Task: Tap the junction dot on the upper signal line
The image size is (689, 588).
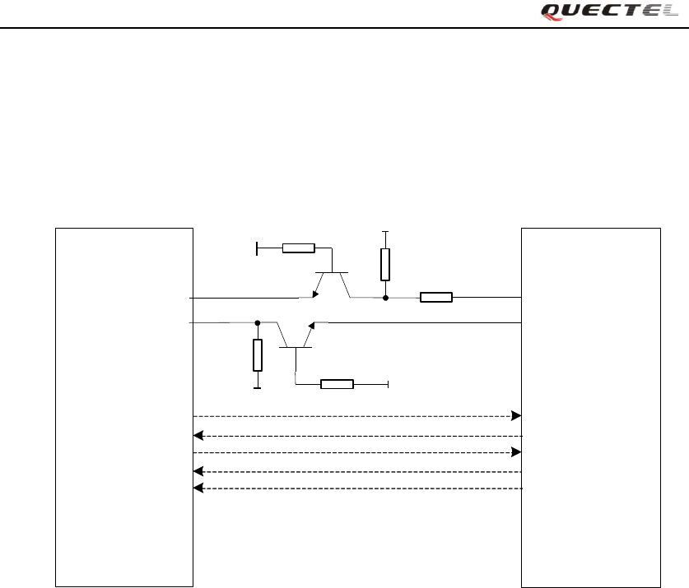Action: (x=385, y=297)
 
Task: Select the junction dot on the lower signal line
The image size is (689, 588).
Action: (x=258, y=323)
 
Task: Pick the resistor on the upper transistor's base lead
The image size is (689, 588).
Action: (x=298, y=248)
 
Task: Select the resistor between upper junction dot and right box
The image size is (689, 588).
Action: (x=435, y=297)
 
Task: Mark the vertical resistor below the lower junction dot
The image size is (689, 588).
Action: (x=258, y=355)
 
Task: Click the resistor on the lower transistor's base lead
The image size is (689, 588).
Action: (x=337, y=384)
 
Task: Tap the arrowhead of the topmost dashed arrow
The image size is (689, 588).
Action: (x=516, y=415)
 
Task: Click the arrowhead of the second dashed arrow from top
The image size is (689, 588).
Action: (x=198, y=436)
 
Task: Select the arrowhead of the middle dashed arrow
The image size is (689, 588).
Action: (x=516, y=452)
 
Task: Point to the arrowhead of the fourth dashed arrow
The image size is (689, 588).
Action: (x=198, y=471)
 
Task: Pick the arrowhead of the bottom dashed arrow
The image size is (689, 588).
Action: (x=198, y=488)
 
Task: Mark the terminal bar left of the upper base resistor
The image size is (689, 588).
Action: (x=258, y=248)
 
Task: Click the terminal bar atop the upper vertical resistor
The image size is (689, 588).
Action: (x=385, y=233)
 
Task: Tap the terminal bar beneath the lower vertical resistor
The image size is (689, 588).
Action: (x=258, y=387)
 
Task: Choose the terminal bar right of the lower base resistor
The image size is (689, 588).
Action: (x=387, y=384)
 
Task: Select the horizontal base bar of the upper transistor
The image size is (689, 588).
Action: (x=332, y=272)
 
